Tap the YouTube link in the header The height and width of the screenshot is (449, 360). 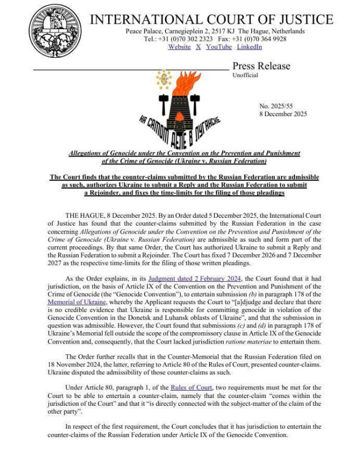tap(219, 47)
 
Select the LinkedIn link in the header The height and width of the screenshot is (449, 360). tap(250, 47)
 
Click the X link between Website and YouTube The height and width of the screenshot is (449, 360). tap(198, 47)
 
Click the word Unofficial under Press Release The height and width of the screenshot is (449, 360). tap(245, 75)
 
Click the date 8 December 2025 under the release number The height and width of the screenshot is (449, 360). tap(283, 113)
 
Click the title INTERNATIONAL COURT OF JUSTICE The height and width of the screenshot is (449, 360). tap(211, 20)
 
